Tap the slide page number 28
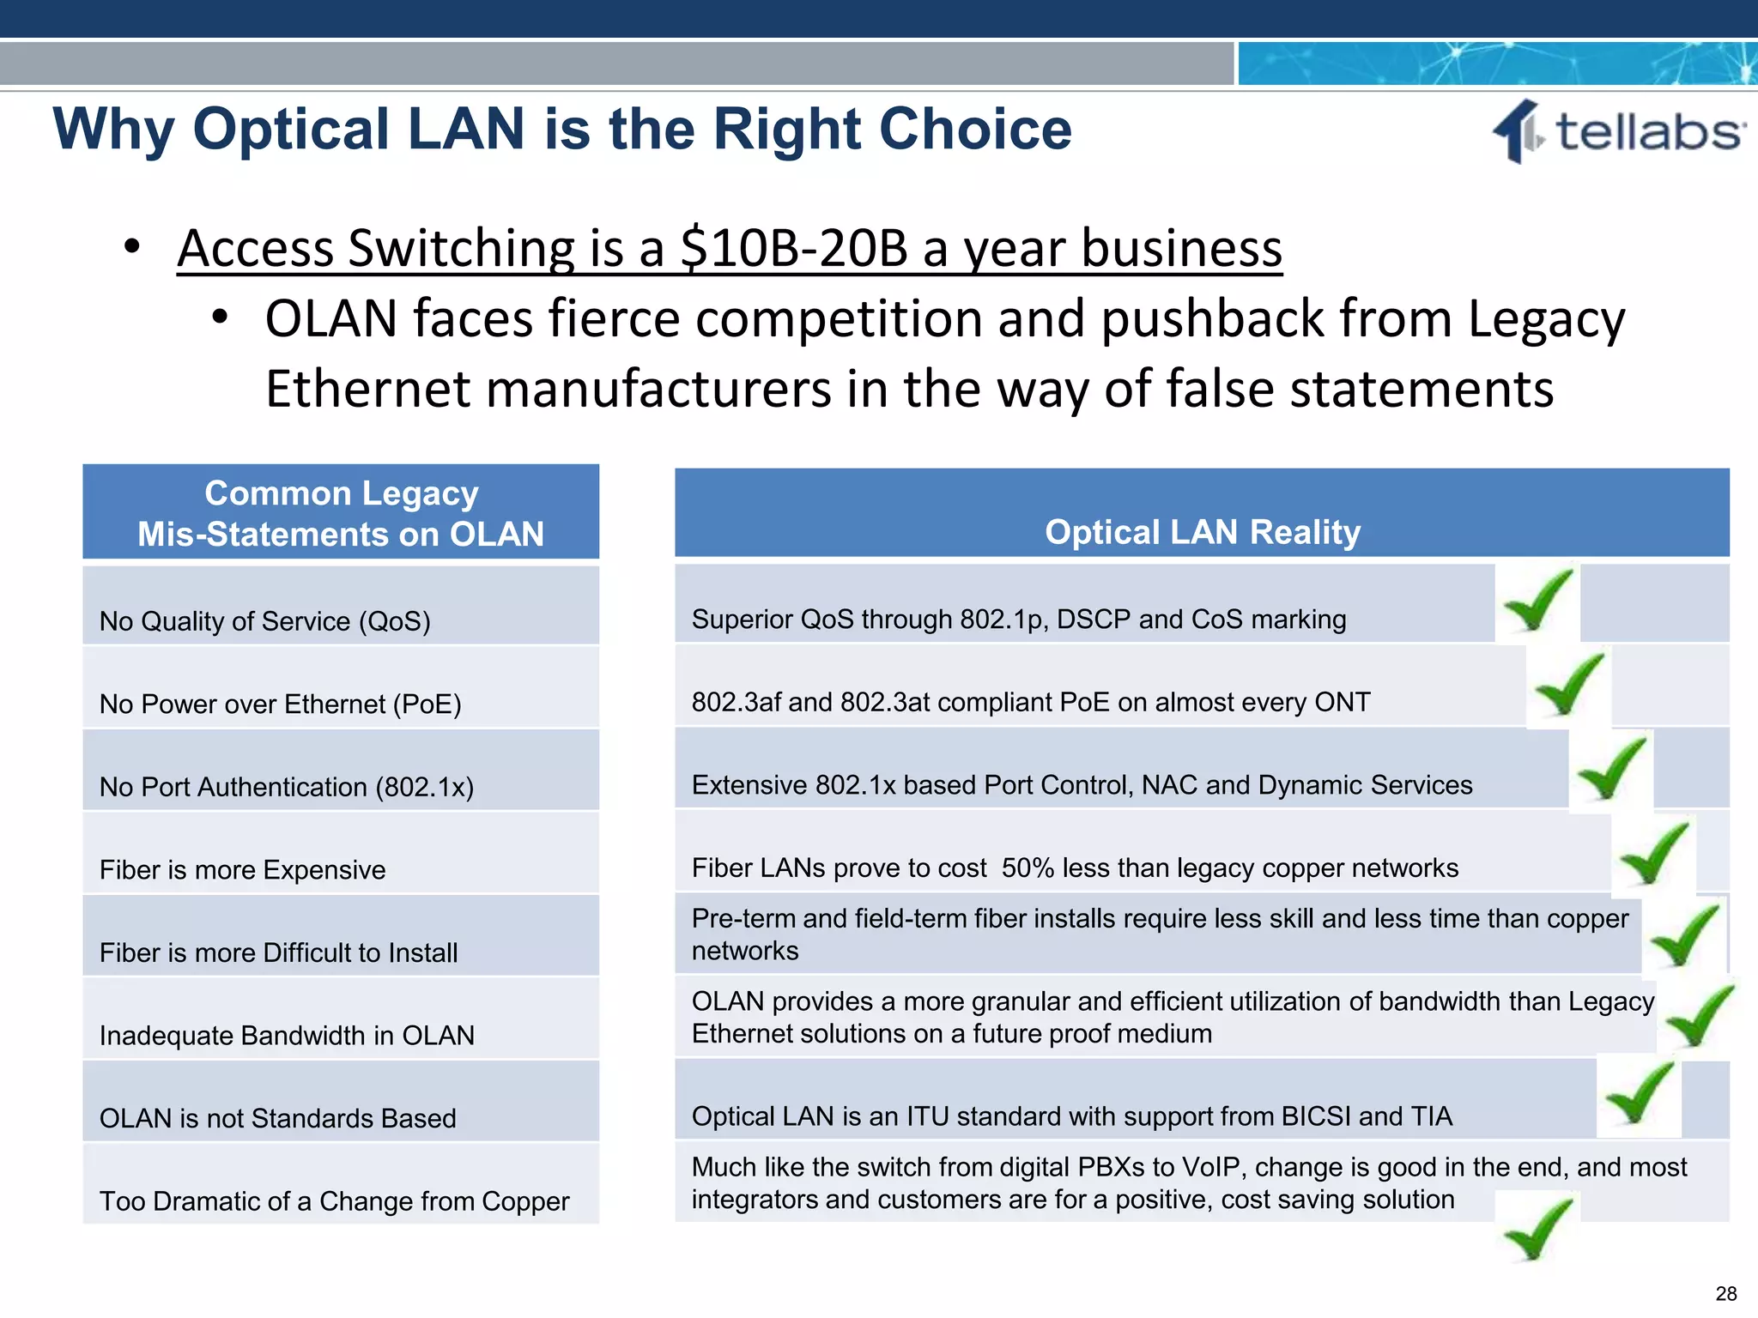(x=1726, y=1293)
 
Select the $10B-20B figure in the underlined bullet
(x=793, y=249)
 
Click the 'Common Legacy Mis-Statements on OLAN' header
(x=341, y=513)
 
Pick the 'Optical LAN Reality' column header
(x=1202, y=532)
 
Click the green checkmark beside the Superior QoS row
(x=1538, y=600)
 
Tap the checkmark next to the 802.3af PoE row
(x=1569, y=683)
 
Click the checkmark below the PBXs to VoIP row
(x=1538, y=1229)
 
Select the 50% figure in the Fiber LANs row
(x=1028, y=868)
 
